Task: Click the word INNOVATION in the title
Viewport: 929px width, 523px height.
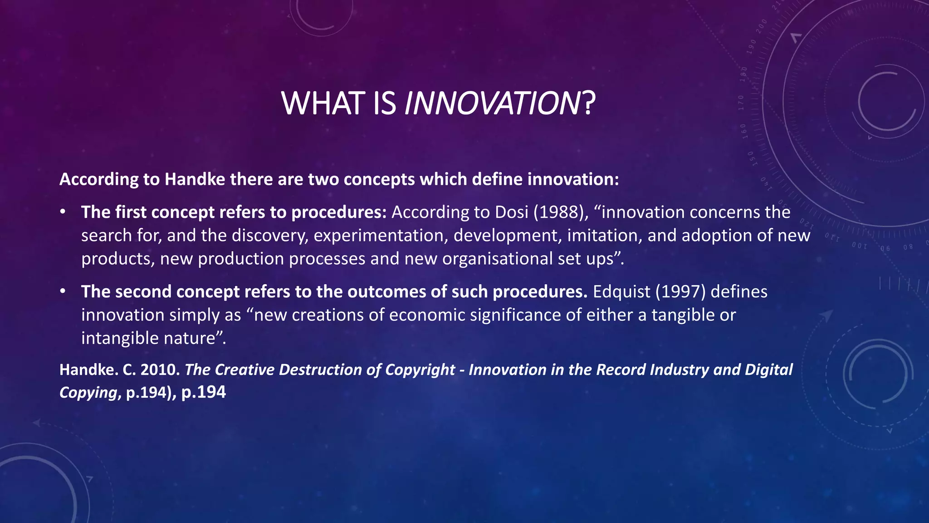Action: click(x=491, y=104)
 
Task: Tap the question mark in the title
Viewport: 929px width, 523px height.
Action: click(x=588, y=104)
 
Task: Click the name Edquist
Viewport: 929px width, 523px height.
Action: click(x=621, y=292)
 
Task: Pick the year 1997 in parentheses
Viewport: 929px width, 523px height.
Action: click(x=680, y=292)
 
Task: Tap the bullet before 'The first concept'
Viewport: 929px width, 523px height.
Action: click(x=63, y=212)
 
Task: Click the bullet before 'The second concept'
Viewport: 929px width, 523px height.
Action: click(x=63, y=291)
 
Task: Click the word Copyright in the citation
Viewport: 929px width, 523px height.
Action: click(x=420, y=370)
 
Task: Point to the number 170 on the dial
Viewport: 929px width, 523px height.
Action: click(x=741, y=103)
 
